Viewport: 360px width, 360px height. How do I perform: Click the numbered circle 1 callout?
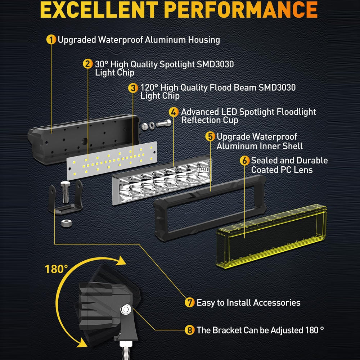point(51,40)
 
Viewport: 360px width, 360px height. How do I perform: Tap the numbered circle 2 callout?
point(87,64)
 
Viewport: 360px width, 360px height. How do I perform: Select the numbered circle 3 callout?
point(133,87)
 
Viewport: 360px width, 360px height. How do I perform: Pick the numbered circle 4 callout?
point(174,112)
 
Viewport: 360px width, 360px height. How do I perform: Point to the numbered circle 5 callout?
point(210,136)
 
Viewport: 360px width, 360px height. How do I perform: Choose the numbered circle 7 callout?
point(190,302)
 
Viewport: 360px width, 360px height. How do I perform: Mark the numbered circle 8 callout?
point(190,330)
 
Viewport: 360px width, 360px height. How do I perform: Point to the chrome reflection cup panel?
point(162,180)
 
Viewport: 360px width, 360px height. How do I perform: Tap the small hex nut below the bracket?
point(66,223)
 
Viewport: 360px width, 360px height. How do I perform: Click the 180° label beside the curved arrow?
point(57,269)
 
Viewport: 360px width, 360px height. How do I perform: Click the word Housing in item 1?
point(204,40)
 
